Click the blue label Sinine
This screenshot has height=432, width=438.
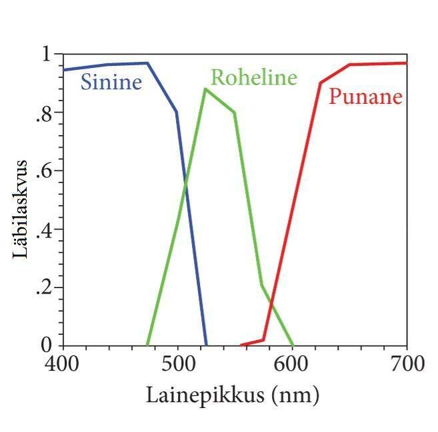point(111,83)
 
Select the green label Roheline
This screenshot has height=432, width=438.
point(253,78)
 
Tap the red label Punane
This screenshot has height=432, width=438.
point(366,97)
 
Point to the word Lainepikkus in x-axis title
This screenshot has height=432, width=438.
point(197,395)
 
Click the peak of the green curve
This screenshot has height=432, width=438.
point(205,89)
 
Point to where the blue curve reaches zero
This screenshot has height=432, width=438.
point(206,345)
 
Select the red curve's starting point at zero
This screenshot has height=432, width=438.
point(241,345)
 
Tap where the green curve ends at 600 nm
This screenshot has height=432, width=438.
point(293,345)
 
